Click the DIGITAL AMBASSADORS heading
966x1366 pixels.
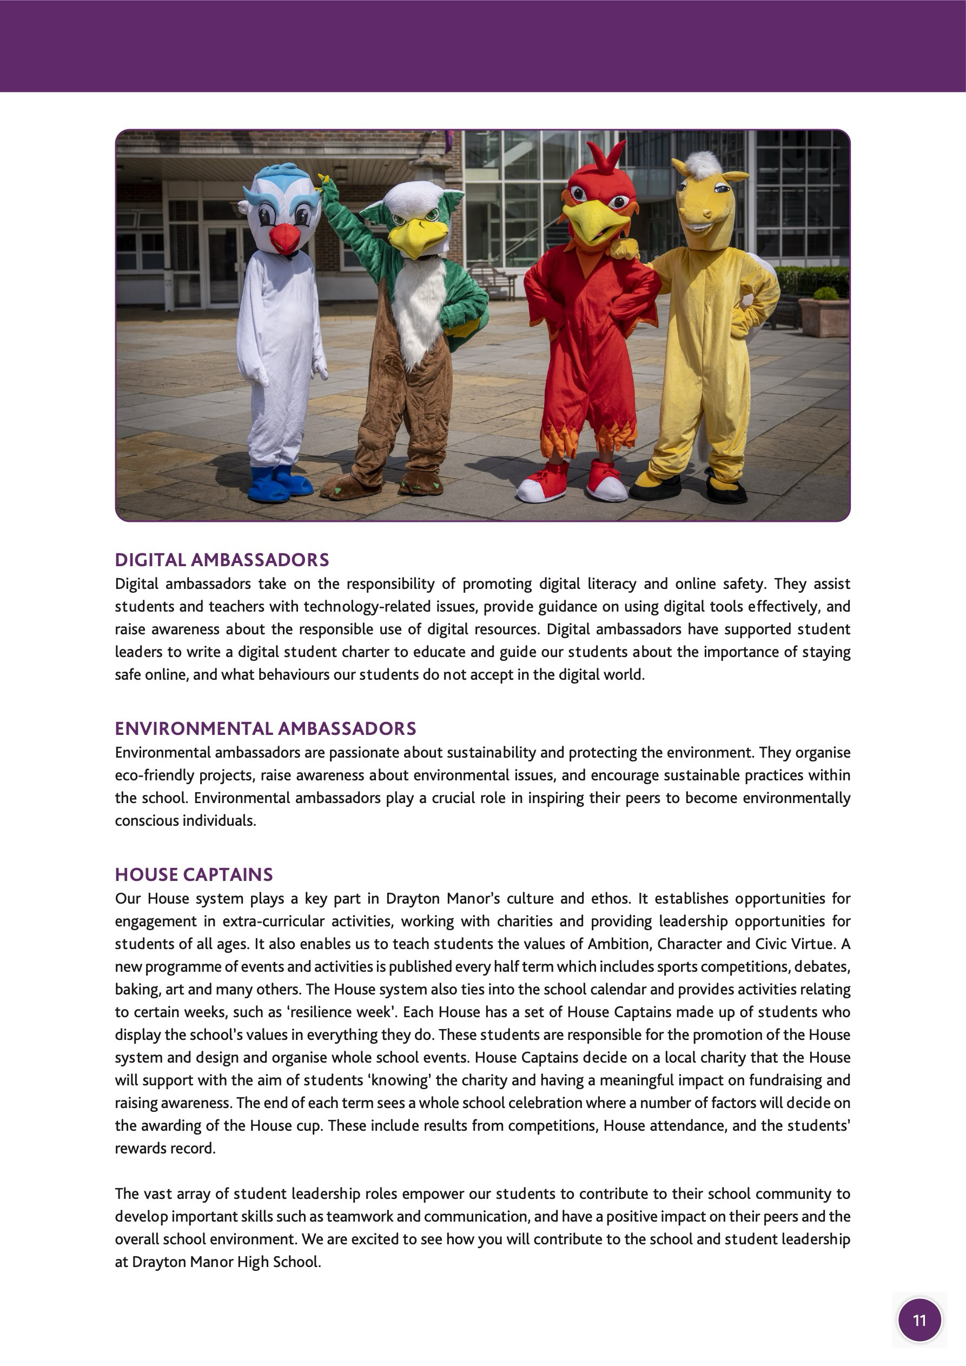coord(221,560)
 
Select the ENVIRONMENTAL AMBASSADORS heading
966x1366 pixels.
coord(266,728)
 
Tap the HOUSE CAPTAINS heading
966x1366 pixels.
coord(194,874)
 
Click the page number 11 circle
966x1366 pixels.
coord(919,1320)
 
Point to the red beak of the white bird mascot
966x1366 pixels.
coord(284,238)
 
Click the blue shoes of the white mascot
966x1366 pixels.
coord(278,482)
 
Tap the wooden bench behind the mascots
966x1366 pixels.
coord(493,280)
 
